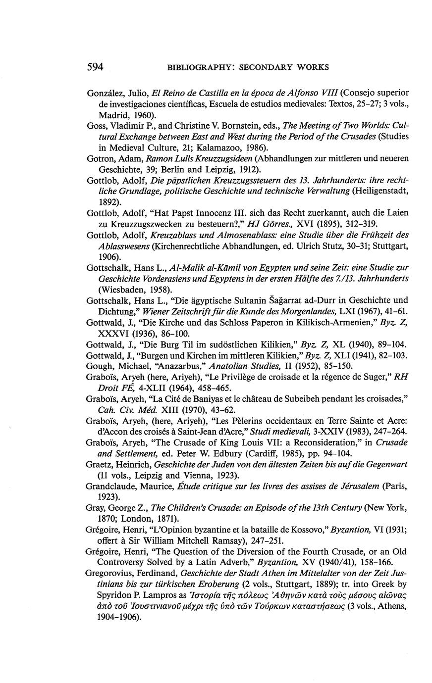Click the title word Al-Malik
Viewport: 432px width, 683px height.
pyautogui.click(x=189, y=267)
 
